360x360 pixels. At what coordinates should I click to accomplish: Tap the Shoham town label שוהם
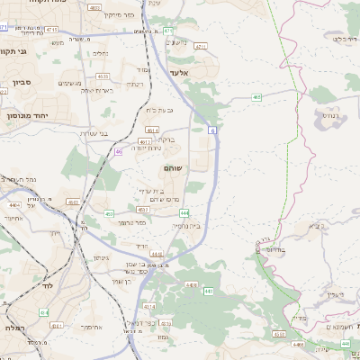tap(173, 168)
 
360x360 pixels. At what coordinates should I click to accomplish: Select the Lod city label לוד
tap(46, 285)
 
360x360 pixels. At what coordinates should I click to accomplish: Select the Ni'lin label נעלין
tap(332, 294)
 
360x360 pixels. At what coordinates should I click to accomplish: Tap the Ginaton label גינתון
tap(101, 257)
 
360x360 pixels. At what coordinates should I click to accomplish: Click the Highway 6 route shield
tap(212, 131)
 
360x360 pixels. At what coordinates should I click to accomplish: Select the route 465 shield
tap(257, 95)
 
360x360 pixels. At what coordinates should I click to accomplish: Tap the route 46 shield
tap(119, 152)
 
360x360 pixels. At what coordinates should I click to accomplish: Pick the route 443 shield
tap(208, 291)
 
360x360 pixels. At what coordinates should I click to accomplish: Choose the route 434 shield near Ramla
tap(43, 311)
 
